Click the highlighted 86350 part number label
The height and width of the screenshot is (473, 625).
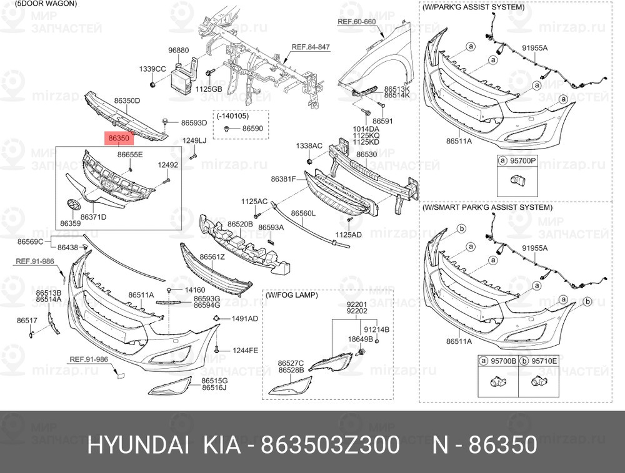(x=119, y=139)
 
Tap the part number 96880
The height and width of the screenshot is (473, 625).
(x=178, y=51)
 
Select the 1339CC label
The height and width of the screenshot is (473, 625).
(x=152, y=69)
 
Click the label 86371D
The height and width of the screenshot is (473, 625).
(x=93, y=217)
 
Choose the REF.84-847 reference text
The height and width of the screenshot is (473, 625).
(x=311, y=47)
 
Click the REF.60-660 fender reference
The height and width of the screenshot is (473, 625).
(x=357, y=21)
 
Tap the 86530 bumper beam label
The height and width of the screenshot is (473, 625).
(x=367, y=154)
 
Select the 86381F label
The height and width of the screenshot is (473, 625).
(x=283, y=179)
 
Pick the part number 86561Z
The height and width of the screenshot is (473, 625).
(x=212, y=257)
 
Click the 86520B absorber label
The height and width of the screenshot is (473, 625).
(x=241, y=225)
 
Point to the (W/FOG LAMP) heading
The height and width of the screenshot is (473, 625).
(x=292, y=295)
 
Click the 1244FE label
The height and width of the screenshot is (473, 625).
(x=245, y=351)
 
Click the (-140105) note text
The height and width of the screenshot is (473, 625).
(x=232, y=116)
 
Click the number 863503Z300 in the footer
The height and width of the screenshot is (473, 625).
(x=330, y=444)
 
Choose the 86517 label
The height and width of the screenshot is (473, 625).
(x=27, y=320)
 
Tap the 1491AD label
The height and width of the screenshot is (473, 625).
(x=245, y=319)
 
